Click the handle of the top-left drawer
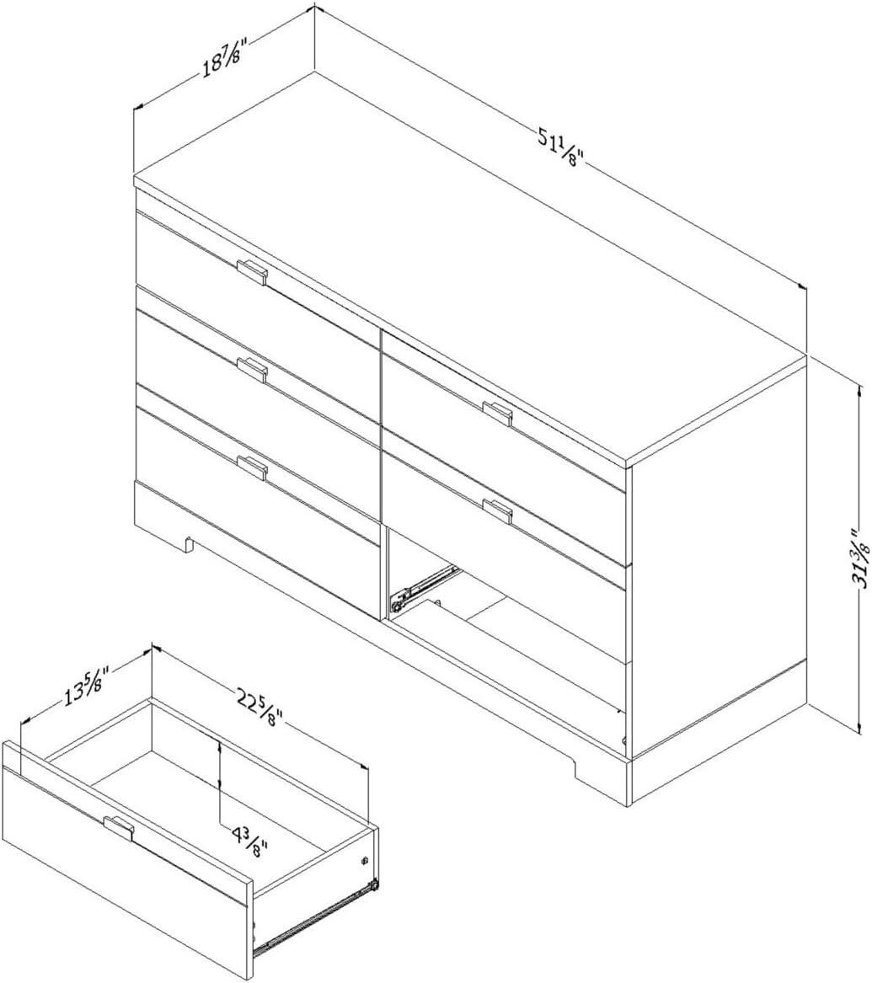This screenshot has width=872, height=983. pyautogui.click(x=252, y=271)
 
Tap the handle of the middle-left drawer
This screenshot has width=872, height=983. pyautogui.click(x=252, y=368)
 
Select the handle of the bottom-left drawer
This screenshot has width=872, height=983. pyautogui.click(x=252, y=466)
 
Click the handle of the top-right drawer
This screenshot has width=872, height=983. pyautogui.click(x=497, y=412)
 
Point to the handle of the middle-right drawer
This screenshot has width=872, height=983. pyautogui.click(x=497, y=510)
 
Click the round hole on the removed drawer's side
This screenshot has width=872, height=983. pyautogui.click(x=364, y=861)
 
